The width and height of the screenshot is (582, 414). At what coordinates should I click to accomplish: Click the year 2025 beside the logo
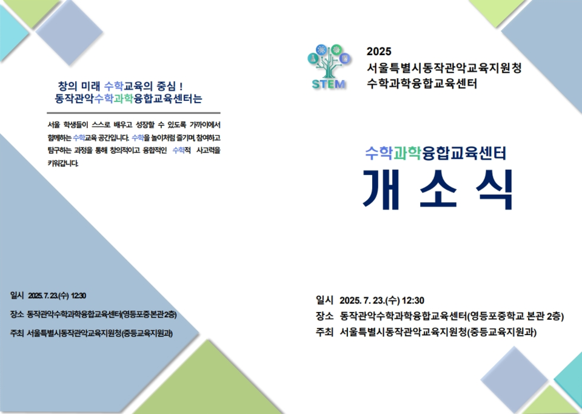pyautogui.click(x=380, y=52)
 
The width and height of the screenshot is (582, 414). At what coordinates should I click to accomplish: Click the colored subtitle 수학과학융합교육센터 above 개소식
pyautogui.click(x=435, y=153)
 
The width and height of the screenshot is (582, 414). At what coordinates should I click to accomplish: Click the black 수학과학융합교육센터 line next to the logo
pyautogui.click(x=422, y=83)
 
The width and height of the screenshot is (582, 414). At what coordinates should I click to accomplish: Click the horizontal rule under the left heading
pyautogui.click(x=133, y=113)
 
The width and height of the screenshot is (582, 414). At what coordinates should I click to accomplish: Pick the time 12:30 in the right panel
pyautogui.click(x=413, y=300)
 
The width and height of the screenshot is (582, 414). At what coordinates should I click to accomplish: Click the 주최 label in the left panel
pyautogui.click(x=17, y=333)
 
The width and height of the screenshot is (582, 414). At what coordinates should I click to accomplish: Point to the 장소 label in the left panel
pyautogui.click(x=17, y=314)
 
